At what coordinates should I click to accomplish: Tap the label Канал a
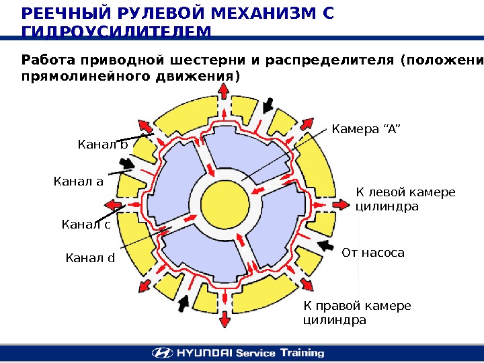pos(78,180)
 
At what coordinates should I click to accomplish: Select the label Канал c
pos(86,224)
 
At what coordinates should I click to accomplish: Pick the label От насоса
pos(373,253)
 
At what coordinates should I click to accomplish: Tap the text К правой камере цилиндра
pos(356,313)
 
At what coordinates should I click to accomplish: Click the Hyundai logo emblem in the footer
pos(161,353)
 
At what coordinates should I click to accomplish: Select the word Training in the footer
pos(300,353)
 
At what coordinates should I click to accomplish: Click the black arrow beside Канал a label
pos(126,164)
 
